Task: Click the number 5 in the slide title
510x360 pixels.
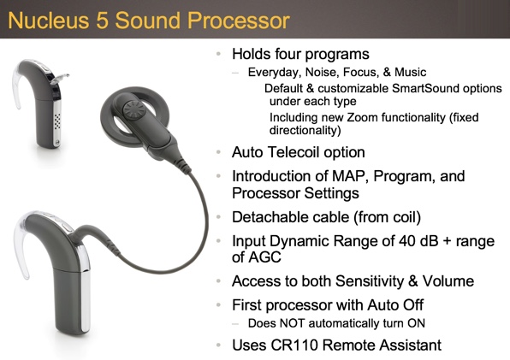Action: click(102, 21)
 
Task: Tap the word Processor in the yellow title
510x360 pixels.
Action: click(239, 21)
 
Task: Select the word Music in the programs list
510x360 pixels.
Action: click(410, 72)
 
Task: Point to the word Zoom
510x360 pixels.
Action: click(362, 117)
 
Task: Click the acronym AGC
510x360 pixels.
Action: click(257, 257)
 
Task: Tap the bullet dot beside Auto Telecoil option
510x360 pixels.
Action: click(218, 152)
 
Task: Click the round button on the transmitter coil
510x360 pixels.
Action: click(134, 109)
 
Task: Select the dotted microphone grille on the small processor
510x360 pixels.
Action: click(57, 121)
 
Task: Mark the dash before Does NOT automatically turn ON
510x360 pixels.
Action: click(235, 324)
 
